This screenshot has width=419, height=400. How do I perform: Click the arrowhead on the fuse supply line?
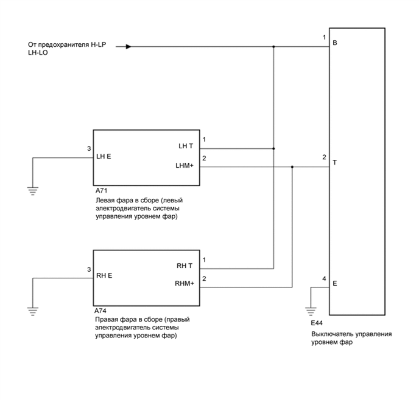click(129, 46)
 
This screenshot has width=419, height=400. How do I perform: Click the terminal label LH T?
click(185, 146)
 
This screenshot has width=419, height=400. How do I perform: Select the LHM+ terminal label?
click(184, 166)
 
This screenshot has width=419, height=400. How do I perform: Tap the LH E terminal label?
click(104, 156)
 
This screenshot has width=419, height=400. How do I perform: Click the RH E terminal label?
click(104, 275)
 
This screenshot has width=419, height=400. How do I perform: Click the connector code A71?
click(100, 190)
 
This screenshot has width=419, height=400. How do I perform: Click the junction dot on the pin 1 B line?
click(273, 46)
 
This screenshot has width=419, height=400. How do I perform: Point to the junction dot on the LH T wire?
click(273, 148)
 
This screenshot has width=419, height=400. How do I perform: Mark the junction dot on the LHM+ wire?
click(292, 167)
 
